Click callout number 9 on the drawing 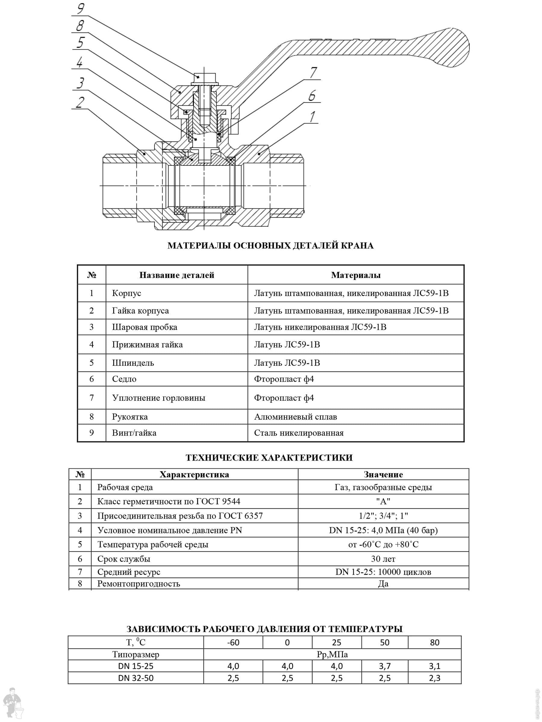pos(81,8)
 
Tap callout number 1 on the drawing pos(312,116)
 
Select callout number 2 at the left pos(80,103)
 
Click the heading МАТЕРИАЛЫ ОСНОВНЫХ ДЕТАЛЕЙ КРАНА pos(270,246)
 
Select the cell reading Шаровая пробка pos(145,327)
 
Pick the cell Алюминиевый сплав pos(295,417)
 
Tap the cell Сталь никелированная pos(299,433)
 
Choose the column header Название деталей pos(177,275)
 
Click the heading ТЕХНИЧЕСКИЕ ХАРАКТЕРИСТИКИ pos(269,458)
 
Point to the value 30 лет pos(383,559)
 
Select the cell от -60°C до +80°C pos(383,545)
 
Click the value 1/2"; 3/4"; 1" pos(383,516)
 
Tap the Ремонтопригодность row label pos(139,584)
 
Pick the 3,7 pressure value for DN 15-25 pos(385,666)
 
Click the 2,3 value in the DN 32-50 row pos(434,678)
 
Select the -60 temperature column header pos(233,642)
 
